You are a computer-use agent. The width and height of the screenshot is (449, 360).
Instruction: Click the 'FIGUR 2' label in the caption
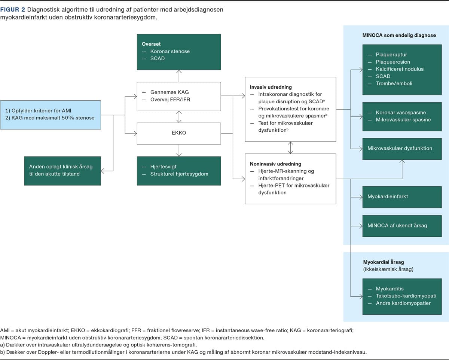[12, 10]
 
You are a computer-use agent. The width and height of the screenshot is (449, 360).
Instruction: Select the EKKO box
[179, 133]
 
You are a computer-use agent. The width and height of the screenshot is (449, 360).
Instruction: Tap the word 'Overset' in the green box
[151, 44]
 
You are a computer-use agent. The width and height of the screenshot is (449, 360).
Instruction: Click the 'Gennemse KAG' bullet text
[169, 92]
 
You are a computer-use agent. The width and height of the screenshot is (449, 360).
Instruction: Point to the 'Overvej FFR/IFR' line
[170, 99]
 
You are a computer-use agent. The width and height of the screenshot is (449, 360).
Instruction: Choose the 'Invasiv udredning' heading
[271, 87]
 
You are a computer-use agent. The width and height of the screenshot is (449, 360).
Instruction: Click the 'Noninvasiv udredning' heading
[275, 164]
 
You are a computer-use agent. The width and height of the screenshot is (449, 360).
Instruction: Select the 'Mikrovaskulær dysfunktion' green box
[402, 149]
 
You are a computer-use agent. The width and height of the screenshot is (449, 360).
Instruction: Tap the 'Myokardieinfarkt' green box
[402, 197]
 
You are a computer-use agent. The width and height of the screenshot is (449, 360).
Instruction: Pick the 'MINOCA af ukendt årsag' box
[402, 226]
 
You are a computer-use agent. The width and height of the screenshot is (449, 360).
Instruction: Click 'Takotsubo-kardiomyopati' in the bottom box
[406, 296]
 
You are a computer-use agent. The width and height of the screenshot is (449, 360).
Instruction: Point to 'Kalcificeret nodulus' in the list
[400, 69]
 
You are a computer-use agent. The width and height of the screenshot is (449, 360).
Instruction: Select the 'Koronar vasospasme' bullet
[401, 112]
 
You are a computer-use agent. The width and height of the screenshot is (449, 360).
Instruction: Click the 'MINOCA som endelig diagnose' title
[399, 35]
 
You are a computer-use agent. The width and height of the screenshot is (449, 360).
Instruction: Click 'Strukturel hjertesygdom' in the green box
[179, 174]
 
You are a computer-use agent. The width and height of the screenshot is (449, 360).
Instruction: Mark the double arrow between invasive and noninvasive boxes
[290, 148]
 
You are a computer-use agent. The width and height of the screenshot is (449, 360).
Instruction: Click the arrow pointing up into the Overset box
[179, 76]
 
